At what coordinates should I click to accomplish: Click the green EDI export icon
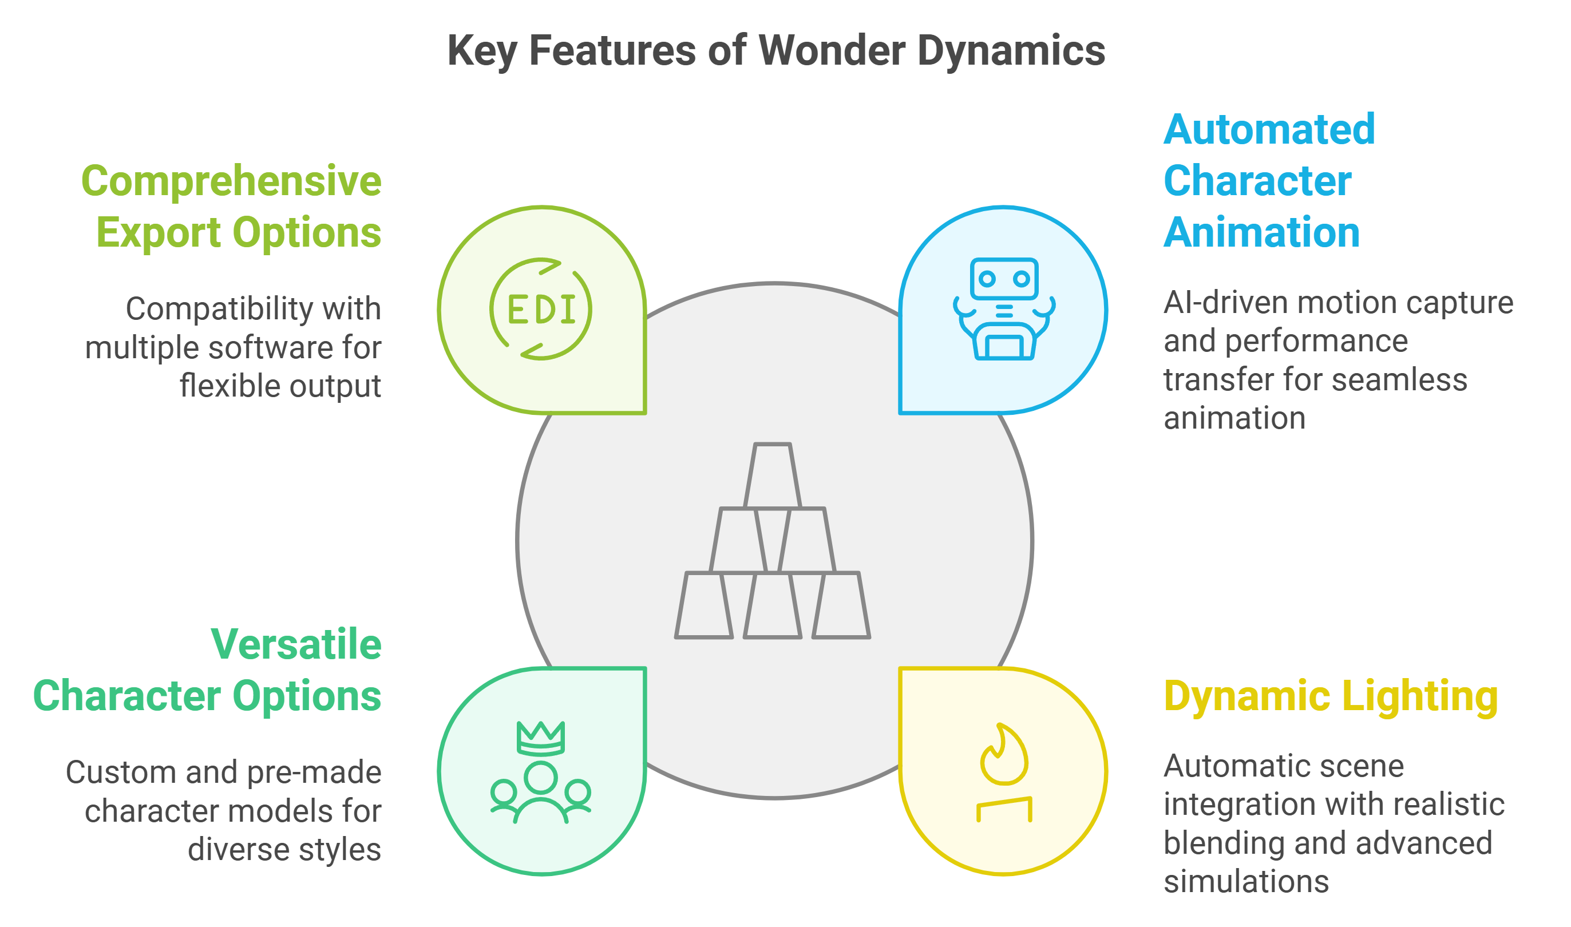click(541, 309)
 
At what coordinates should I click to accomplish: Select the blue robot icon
click(1004, 308)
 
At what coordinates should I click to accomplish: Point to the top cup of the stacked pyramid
click(773, 475)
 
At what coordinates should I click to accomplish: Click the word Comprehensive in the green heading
click(231, 181)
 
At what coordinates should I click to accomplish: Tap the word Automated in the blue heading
click(1269, 129)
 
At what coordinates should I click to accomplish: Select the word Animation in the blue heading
click(1261, 232)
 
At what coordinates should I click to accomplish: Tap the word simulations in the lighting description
click(1246, 881)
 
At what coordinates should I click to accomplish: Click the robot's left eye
click(987, 279)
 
